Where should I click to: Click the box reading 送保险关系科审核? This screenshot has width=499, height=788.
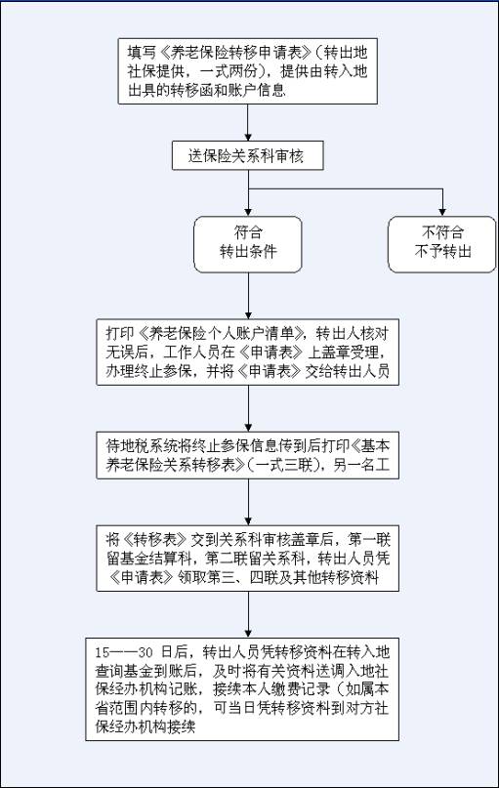[247, 156]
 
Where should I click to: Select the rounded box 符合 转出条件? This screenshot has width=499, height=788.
[248, 245]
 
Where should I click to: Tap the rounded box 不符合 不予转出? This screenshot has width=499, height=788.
[441, 245]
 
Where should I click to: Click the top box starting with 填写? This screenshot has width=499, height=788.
[247, 71]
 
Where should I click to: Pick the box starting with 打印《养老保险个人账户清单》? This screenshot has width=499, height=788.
[247, 353]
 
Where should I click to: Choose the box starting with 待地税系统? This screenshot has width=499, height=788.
[247, 455]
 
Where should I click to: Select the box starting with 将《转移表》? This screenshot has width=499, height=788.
[247, 559]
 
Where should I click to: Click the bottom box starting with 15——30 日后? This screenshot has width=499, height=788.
[242, 689]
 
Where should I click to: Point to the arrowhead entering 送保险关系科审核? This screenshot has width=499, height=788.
[248, 138]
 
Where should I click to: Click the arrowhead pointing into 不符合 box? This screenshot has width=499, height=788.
[442, 213]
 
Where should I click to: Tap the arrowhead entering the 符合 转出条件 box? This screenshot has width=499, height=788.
[248, 213]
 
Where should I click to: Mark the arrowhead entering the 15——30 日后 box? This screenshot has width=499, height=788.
[248, 635]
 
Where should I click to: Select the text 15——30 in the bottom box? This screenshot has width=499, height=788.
[124, 652]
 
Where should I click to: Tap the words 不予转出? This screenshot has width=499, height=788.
[442, 252]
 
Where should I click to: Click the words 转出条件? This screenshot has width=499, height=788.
[248, 252]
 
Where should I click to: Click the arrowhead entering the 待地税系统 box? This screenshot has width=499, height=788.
[248, 428]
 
